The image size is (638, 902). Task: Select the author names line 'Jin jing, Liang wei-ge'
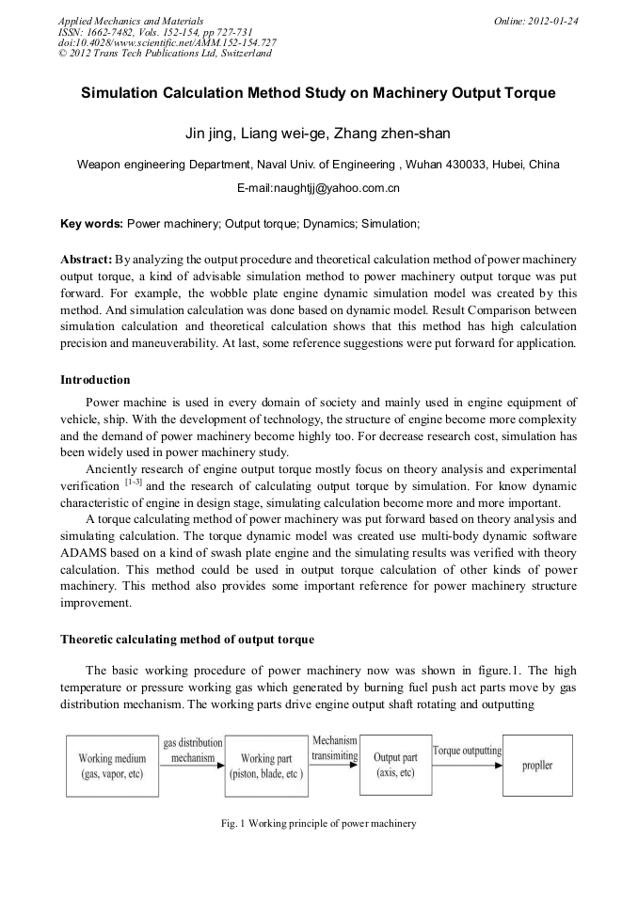point(318,133)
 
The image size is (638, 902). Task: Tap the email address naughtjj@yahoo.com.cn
point(318,188)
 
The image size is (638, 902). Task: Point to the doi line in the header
point(167,42)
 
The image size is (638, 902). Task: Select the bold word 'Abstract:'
point(87,258)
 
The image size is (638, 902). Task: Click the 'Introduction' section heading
point(95,380)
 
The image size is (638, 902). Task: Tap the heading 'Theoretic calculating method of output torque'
point(187,640)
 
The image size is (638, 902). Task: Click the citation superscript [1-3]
point(133,483)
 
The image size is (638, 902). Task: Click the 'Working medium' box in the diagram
point(112,766)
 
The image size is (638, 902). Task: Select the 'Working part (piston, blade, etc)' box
point(266,766)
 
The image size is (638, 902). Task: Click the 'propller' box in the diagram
point(537,765)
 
